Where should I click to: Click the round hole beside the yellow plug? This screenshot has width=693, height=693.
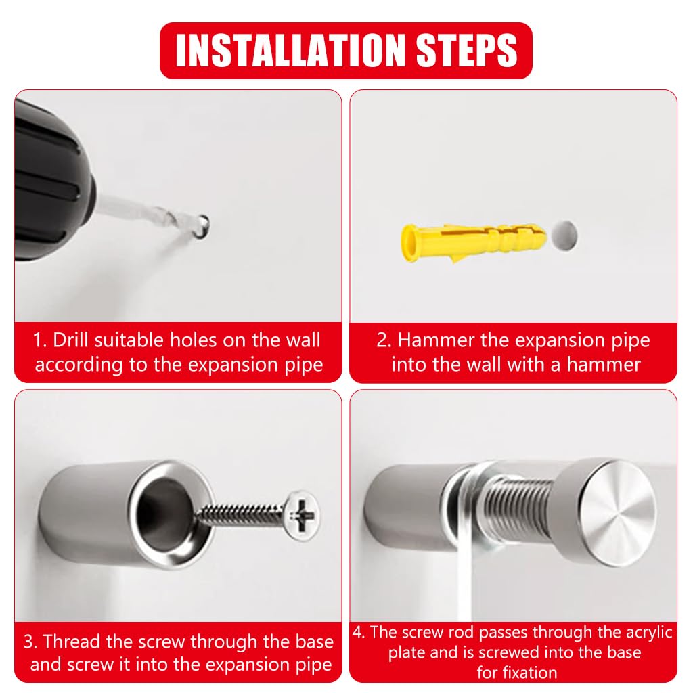pyautogui.click(x=564, y=235)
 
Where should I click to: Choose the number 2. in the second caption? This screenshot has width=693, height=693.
pyautogui.click(x=384, y=340)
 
